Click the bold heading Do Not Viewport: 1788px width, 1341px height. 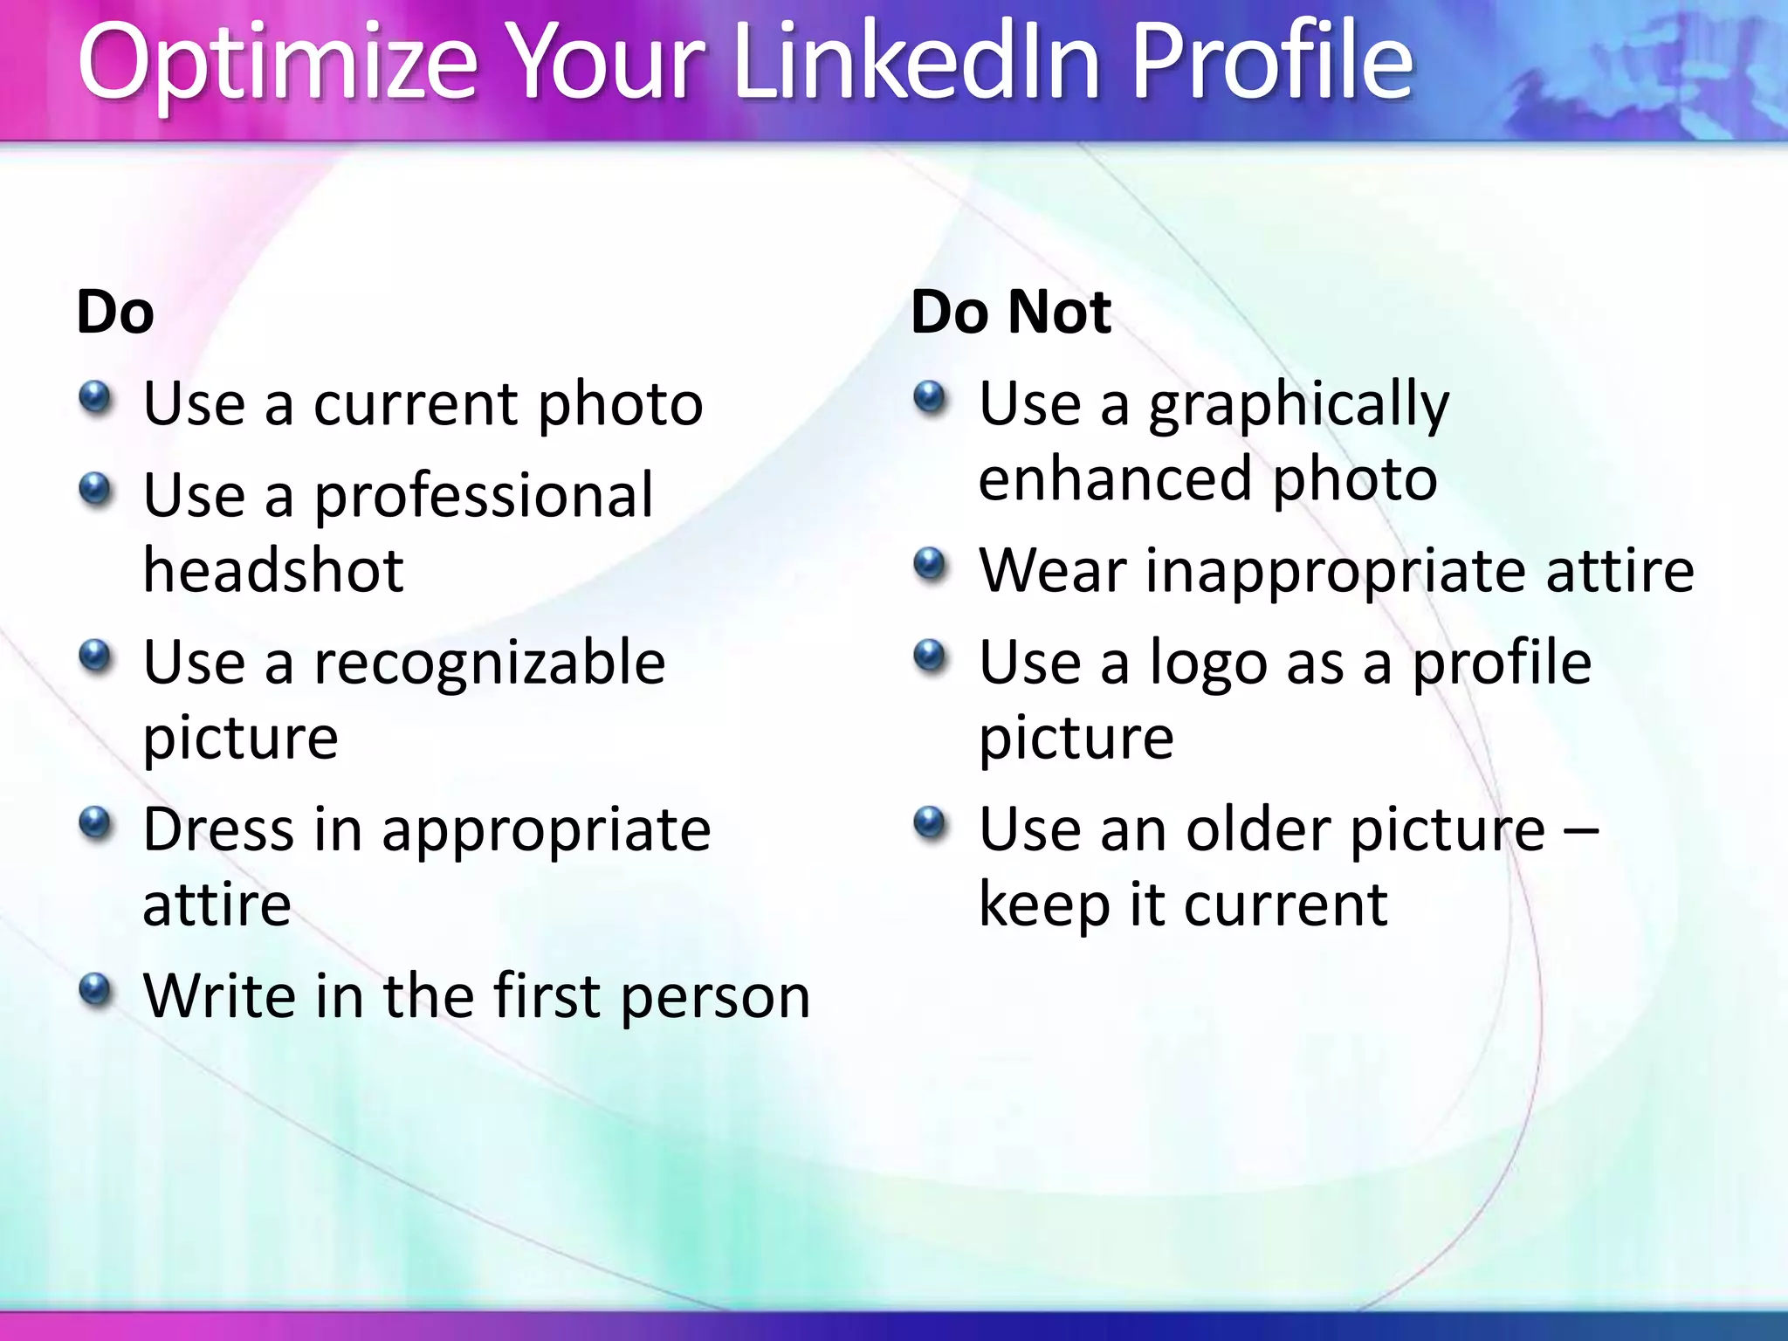[x=1010, y=312]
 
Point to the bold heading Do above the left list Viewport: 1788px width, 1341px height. [x=115, y=312]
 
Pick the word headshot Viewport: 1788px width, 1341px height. [x=273, y=570]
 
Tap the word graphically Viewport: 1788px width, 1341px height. [x=1298, y=406]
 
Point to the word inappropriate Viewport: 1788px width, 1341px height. [x=1337, y=572]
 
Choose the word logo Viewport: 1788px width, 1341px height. [x=1207, y=664]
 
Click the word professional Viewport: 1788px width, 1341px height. [x=483, y=496]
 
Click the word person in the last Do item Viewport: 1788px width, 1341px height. [x=716, y=997]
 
